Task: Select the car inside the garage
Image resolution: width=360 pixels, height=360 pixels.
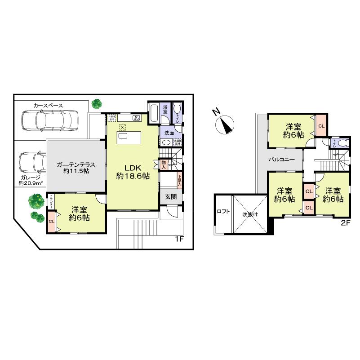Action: tap(30, 164)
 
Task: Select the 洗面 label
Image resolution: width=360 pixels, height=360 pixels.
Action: tap(169, 133)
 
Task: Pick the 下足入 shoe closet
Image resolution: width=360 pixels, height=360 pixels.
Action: tap(180, 180)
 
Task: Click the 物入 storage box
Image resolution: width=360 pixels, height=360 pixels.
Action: tap(164, 164)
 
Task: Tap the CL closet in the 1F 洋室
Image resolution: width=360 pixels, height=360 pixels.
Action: tap(52, 222)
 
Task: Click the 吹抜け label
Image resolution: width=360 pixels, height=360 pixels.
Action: tap(250, 214)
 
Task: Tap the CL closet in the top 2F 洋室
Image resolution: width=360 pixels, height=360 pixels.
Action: tap(321, 126)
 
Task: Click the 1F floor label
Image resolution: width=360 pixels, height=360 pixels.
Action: tap(179, 239)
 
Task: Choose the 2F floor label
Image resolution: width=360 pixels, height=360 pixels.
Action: tap(344, 222)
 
